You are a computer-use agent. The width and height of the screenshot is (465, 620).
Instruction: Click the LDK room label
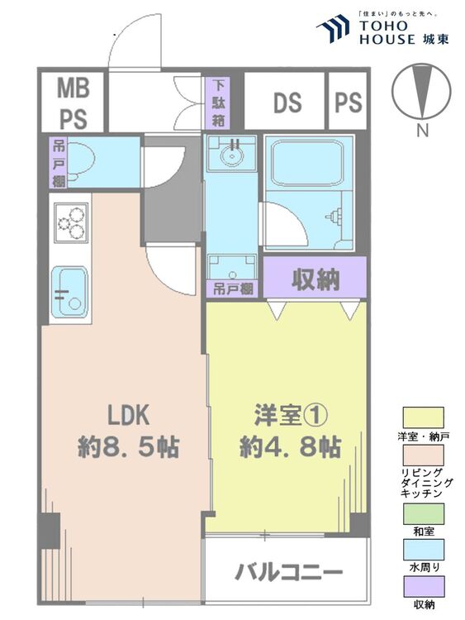click(x=129, y=415)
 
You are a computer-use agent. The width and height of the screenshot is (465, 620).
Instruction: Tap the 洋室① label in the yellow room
click(x=291, y=416)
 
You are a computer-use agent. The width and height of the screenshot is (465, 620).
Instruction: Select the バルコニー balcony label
click(x=288, y=572)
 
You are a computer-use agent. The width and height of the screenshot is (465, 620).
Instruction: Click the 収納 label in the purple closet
click(x=316, y=279)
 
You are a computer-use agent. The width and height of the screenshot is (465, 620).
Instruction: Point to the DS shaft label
click(x=287, y=103)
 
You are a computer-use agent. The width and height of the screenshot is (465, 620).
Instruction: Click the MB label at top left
click(x=74, y=88)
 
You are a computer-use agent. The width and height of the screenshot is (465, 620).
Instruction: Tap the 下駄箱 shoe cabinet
click(x=218, y=103)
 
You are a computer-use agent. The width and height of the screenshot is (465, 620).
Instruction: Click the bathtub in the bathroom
click(x=309, y=163)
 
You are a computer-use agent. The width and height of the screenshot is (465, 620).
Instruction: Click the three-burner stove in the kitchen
click(x=71, y=222)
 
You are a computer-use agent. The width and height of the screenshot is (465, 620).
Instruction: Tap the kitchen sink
click(x=69, y=292)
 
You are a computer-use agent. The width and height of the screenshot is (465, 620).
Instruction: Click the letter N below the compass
click(x=422, y=130)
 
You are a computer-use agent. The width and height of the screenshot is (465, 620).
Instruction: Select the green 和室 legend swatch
click(x=423, y=513)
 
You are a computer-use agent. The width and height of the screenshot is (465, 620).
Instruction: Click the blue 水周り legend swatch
click(x=423, y=550)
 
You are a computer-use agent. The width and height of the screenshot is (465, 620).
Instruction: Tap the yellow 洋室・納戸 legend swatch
click(x=423, y=417)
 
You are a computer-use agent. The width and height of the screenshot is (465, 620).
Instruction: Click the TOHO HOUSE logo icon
click(x=333, y=28)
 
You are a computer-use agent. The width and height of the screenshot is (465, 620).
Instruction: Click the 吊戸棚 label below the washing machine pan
click(x=233, y=289)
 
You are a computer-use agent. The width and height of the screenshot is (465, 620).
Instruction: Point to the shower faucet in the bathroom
click(x=333, y=217)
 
